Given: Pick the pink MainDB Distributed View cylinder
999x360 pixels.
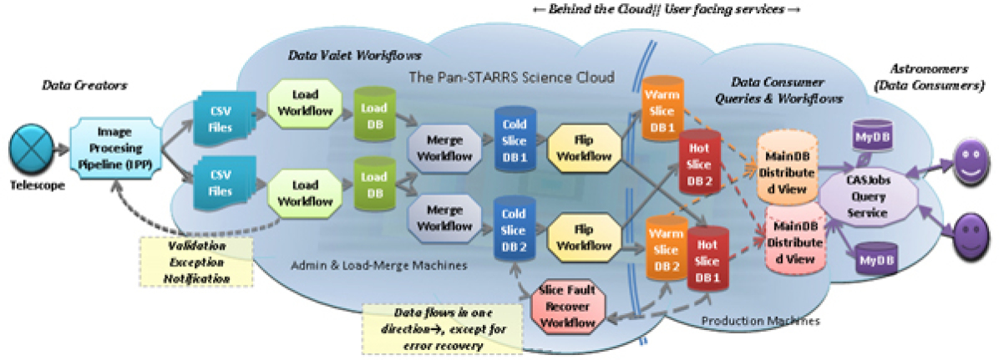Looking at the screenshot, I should [x=797, y=237].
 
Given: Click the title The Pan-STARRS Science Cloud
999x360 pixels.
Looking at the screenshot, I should [x=511, y=77].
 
